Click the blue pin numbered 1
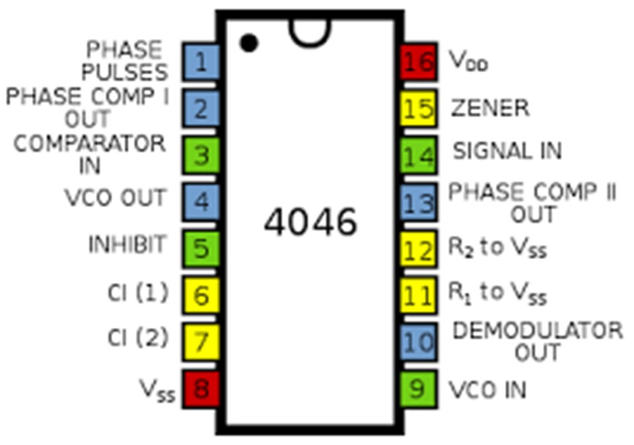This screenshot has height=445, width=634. point(201,62)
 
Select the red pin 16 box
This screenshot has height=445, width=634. point(418,62)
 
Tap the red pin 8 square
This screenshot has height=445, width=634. point(201,389)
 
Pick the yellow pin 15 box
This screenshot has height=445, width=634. point(418,109)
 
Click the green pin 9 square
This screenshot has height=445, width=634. point(418,389)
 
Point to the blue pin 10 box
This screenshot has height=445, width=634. point(418,342)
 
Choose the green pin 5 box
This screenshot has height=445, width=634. point(201,249)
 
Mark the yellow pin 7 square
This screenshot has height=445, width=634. point(201,342)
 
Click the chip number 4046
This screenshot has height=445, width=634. point(310,222)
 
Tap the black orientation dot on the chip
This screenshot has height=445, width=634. point(249,44)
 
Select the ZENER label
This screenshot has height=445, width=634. point(489,108)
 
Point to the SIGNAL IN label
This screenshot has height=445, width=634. point(507,151)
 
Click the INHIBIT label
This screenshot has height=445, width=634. point(127,244)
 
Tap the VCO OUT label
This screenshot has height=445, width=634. point(115,197)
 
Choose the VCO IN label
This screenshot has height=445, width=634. point(487,390)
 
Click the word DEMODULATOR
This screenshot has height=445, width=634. point(537,330)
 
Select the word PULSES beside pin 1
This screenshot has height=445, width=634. point(124,71)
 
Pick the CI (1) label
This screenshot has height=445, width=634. point(138,292)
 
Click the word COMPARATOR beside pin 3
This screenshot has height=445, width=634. point(90,144)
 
